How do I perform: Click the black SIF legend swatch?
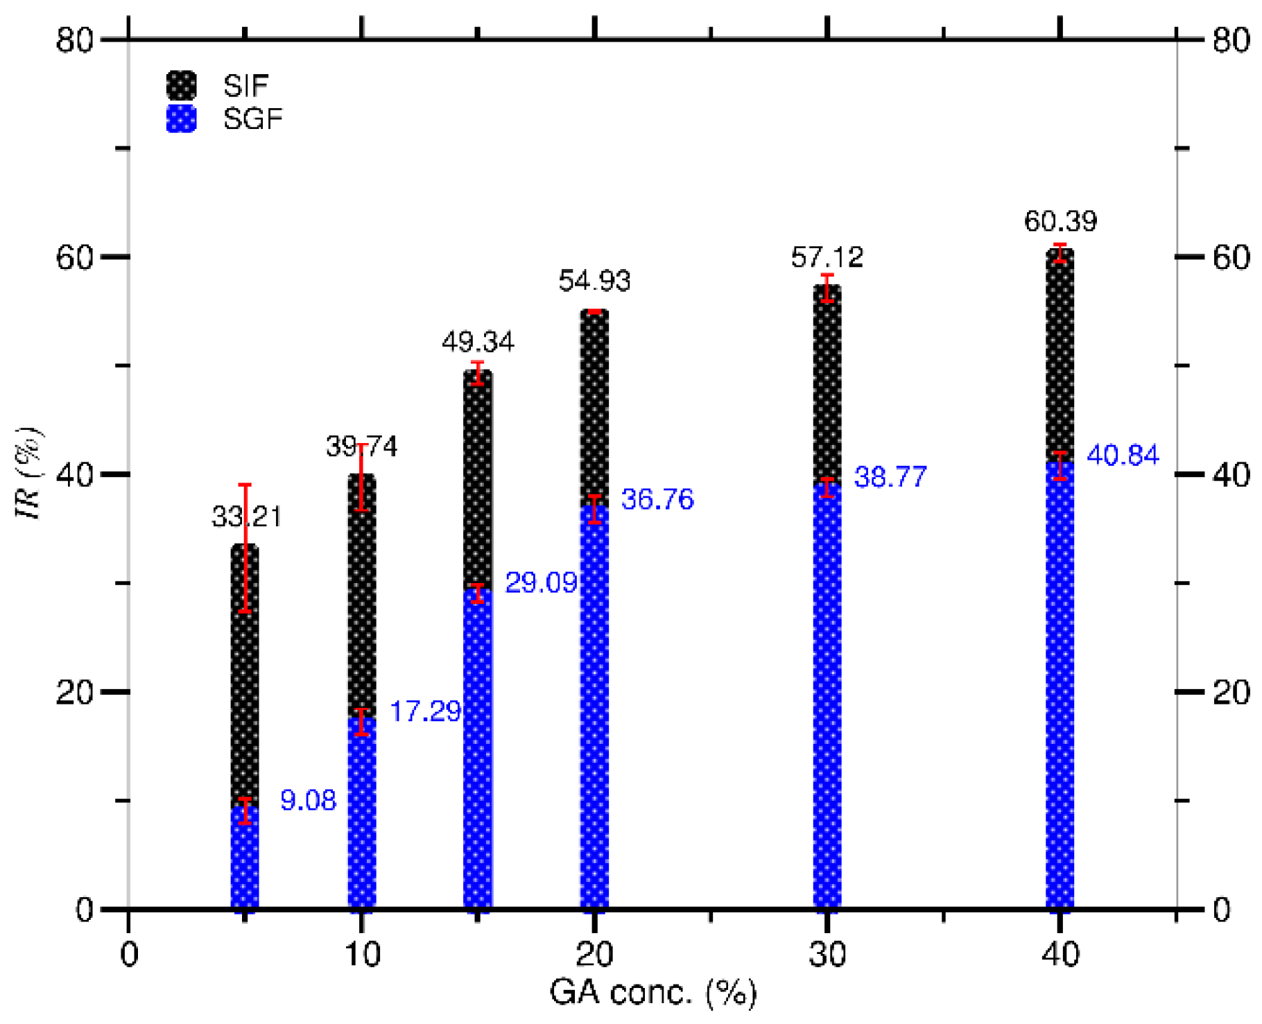coord(182,85)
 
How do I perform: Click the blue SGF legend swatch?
coord(182,119)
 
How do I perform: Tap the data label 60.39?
coord(1060,221)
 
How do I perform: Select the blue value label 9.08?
coord(308,800)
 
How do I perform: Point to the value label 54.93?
coord(594,281)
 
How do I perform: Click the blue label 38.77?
coord(890,477)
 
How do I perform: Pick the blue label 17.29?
coord(425,711)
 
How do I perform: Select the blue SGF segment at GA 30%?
coord(827,693)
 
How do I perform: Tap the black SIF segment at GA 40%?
coord(1060,361)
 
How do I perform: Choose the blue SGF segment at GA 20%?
coord(594,707)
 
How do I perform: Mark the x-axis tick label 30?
coord(827,955)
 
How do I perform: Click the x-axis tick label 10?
coord(361,955)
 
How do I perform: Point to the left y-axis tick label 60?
coord(75,257)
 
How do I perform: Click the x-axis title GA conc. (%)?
coord(652,992)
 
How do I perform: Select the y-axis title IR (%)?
coord(29,474)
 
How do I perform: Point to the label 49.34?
coord(478,342)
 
